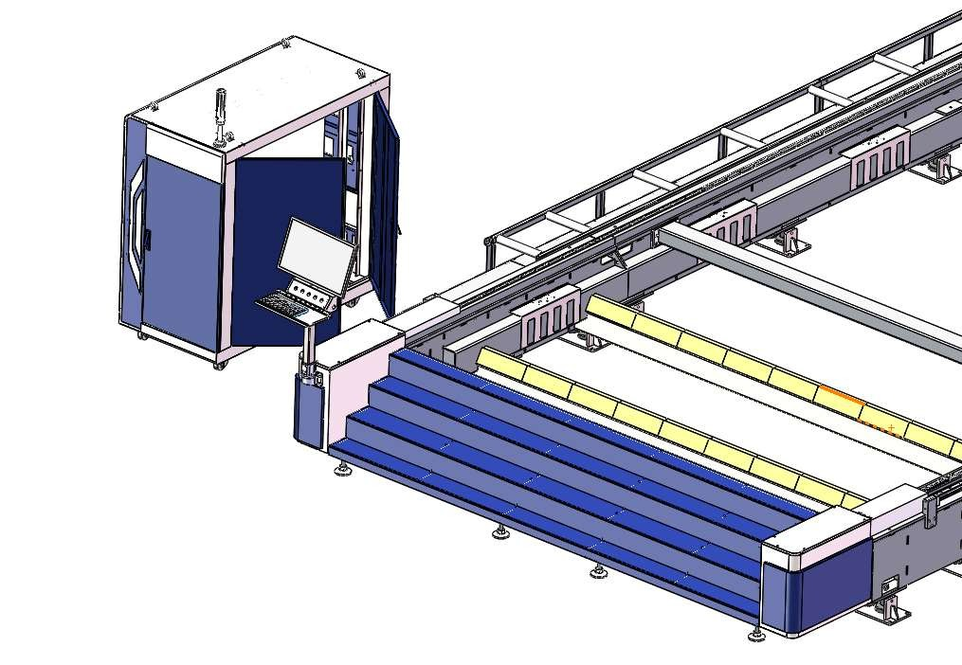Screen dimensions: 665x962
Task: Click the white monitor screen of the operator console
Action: click(x=317, y=255)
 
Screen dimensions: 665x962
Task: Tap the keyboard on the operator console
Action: click(x=280, y=304)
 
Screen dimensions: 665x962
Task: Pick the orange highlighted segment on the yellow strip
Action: click(x=841, y=395)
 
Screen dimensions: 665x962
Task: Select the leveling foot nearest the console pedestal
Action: click(x=341, y=470)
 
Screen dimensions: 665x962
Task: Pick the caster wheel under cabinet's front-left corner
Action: click(x=142, y=335)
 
